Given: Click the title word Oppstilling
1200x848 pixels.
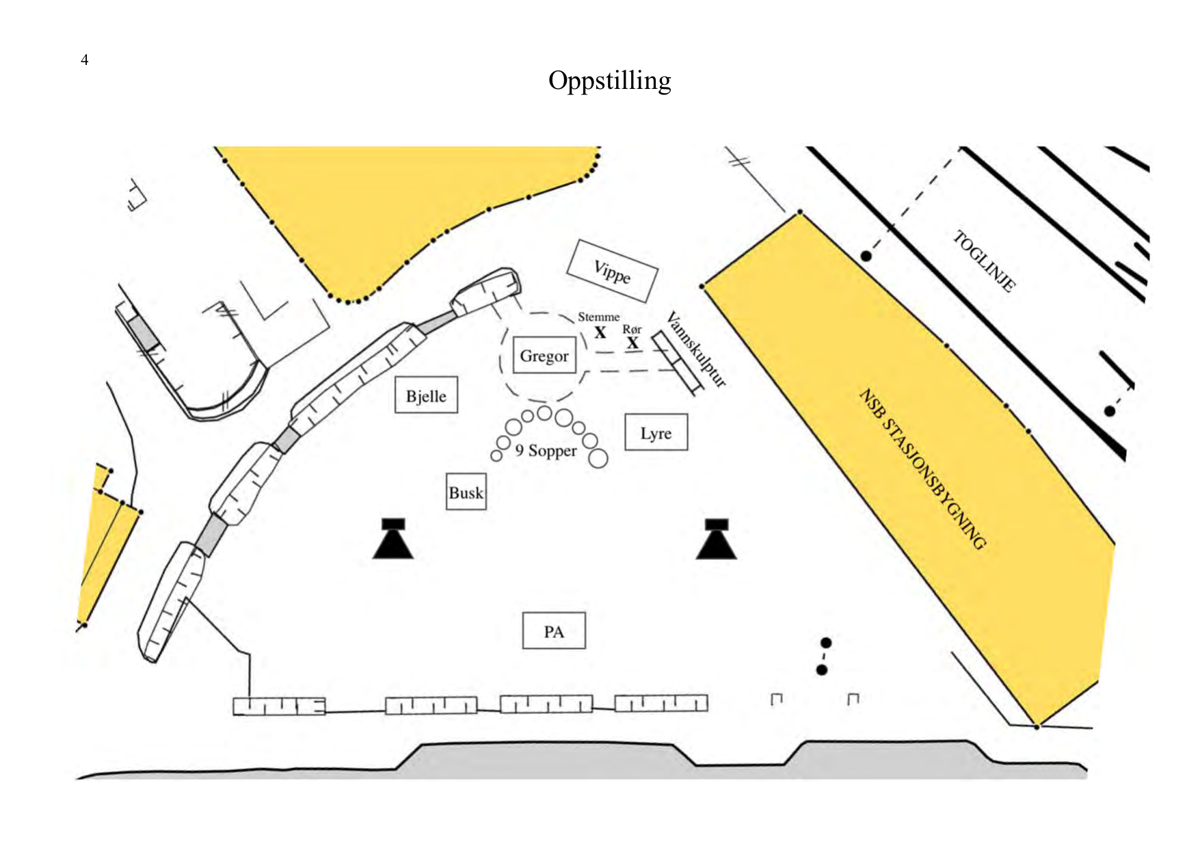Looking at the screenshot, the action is (x=609, y=81).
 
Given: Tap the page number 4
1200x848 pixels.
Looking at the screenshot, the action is (x=85, y=59).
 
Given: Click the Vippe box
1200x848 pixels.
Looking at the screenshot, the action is (x=612, y=271).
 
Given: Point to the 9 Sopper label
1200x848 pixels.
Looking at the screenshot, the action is (x=546, y=451).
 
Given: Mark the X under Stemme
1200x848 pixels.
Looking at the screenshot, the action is (x=600, y=332).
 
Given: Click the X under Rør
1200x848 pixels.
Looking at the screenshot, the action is (x=632, y=343).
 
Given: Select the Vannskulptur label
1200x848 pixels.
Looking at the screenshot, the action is (x=696, y=349).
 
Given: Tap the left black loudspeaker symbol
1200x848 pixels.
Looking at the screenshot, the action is (x=393, y=539).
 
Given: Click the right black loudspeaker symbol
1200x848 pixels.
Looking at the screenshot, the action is (x=717, y=539).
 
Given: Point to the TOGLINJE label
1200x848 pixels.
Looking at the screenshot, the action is (x=985, y=261).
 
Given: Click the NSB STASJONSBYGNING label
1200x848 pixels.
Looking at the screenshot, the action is (x=922, y=469).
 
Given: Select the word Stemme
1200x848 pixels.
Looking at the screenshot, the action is (x=599, y=317).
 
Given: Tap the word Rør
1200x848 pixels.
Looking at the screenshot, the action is (x=632, y=329).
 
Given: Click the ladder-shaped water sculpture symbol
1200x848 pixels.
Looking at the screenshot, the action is (x=677, y=363).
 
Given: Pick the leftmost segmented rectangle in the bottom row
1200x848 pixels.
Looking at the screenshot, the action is (x=279, y=706).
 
